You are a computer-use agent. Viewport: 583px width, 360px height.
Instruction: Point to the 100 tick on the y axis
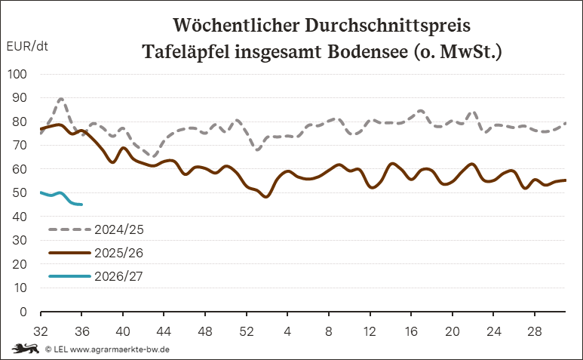[17, 74]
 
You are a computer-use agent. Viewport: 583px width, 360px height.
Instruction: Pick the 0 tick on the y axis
[23, 312]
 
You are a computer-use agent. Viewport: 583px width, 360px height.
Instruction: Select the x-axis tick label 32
[41, 331]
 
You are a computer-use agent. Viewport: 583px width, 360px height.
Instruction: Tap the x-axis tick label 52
[246, 331]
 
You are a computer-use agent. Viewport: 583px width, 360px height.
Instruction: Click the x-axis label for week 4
[287, 331]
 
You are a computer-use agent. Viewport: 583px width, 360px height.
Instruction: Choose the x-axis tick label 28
[534, 331]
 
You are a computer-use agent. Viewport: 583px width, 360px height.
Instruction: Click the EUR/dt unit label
[27, 46]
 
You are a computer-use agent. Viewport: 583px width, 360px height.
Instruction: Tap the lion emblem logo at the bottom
[26, 349]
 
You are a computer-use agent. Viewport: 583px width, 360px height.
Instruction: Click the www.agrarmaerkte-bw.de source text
[120, 349]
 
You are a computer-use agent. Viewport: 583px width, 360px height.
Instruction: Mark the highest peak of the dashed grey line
[61, 99]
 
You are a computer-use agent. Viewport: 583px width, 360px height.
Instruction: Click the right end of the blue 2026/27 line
[81, 205]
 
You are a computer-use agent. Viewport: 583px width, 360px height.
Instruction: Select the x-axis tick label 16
[411, 331]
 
